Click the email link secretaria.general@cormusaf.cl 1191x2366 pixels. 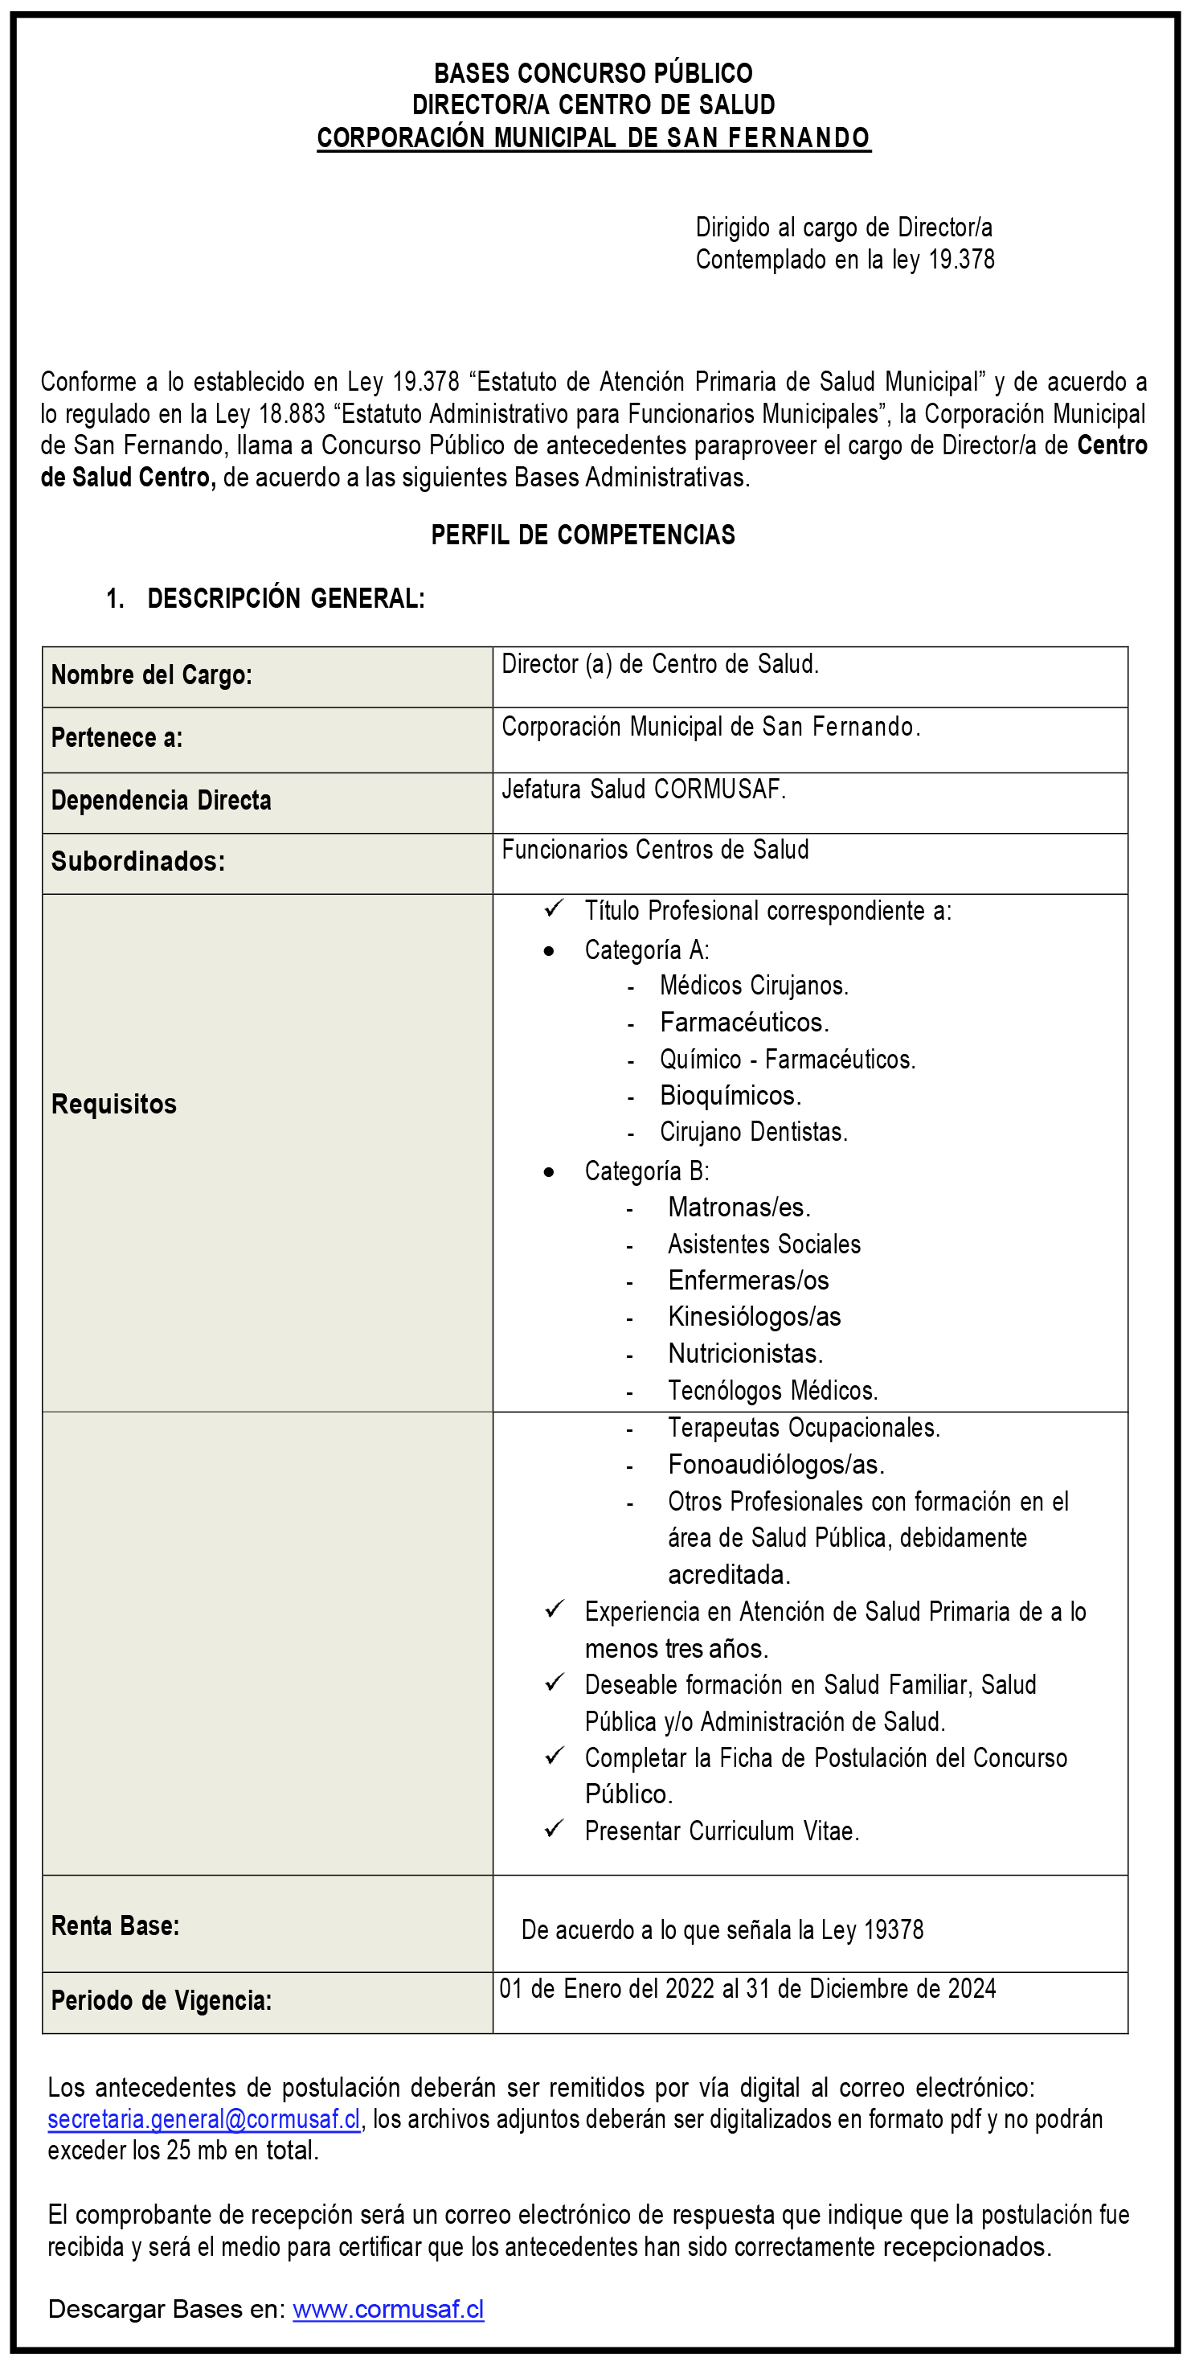click(204, 2119)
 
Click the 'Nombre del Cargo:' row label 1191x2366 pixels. click(152, 675)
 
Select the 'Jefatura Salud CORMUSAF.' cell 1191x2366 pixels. click(644, 789)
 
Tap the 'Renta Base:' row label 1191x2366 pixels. click(116, 1926)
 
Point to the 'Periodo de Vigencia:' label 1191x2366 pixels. click(162, 2000)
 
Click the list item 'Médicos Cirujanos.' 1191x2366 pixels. click(754, 986)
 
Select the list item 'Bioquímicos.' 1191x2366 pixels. click(730, 1096)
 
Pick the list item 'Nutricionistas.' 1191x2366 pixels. click(746, 1354)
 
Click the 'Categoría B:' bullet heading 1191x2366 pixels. click(646, 1171)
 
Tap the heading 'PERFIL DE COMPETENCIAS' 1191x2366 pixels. click(583, 535)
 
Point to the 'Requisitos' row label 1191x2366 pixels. click(114, 1104)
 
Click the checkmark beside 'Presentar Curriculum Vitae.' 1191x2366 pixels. click(554, 1829)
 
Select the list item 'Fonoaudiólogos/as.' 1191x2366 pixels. click(776, 1464)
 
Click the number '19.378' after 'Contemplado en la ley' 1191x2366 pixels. click(961, 260)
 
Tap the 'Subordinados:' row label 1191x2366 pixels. click(137, 862)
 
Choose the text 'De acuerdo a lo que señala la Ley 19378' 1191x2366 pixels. click(722, 1929)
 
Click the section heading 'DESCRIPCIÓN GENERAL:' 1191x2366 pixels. click(285, 599)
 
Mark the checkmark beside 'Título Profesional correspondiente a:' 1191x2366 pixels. click(554, 909)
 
